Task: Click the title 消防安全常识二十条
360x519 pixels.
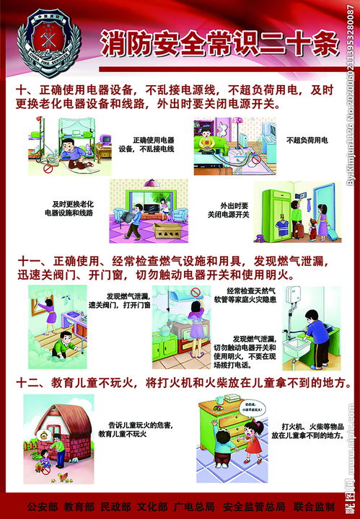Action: pos(219,44)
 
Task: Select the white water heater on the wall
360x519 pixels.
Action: pos(288,303)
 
